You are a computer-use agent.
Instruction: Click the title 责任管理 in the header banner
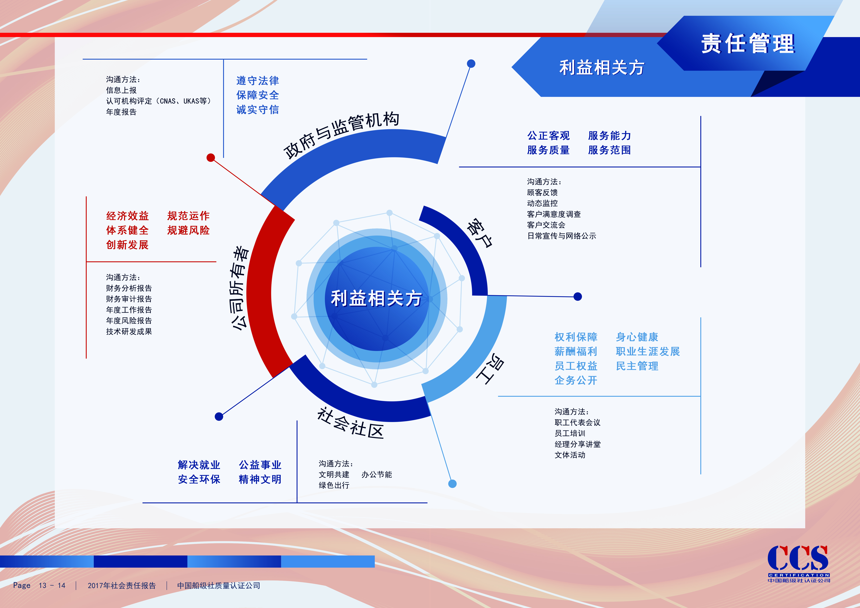[748, 44]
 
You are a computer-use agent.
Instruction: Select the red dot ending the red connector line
[211, 158]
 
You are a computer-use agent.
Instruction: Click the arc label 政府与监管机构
[341, 135]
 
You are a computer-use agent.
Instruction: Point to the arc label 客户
[479, 233]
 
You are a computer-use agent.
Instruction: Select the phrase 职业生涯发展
[648, 351]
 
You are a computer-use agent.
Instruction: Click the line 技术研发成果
[129, 332]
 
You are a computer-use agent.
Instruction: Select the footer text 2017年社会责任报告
[122, 585]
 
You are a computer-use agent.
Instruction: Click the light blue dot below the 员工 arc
[452, 484]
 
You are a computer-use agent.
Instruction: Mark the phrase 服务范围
[609, 150]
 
